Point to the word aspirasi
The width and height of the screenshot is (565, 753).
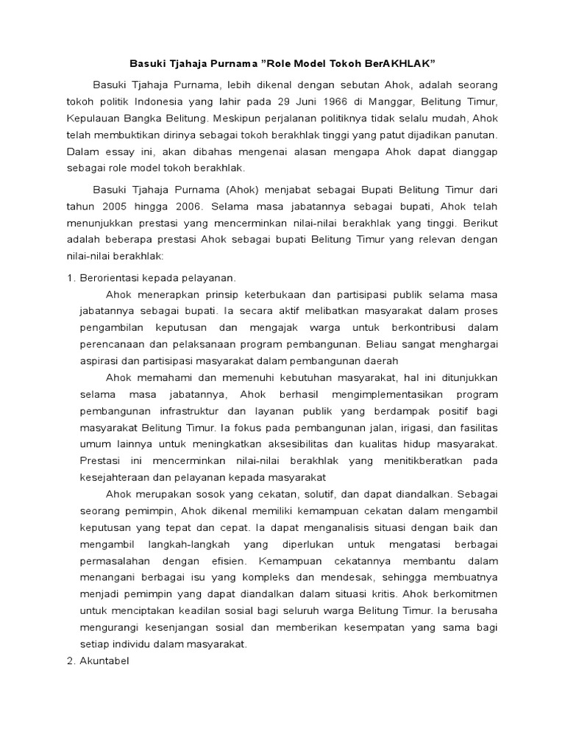100,360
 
